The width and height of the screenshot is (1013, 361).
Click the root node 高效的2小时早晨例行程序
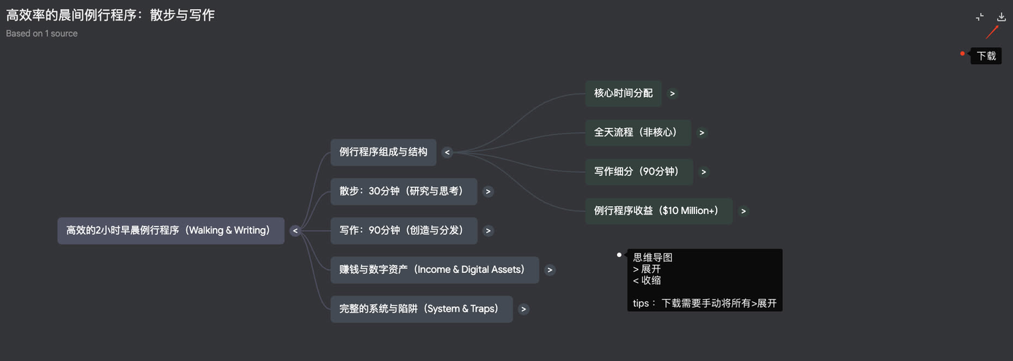170,231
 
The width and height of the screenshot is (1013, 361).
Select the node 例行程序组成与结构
383,152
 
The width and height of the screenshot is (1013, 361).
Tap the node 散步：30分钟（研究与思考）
404,191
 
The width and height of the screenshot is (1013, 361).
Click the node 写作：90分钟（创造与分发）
404,231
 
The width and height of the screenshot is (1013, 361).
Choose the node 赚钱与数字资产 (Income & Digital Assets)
434,270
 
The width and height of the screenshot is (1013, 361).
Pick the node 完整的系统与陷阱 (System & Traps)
421,309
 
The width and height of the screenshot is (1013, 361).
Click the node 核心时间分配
623,94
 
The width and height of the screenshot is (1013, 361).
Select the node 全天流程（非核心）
638,132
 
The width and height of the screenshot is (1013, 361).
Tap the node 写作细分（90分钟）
639,172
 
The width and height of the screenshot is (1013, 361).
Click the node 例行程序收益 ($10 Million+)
658,211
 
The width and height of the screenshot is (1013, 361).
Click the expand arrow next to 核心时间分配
673,94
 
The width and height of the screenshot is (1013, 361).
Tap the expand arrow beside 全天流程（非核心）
702,132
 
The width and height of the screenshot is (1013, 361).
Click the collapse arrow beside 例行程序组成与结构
447,152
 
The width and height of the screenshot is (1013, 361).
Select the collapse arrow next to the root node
295,231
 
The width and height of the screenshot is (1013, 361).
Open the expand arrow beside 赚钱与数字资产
550,270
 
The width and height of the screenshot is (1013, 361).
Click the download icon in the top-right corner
1002,17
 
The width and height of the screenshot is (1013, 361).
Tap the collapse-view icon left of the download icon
980,17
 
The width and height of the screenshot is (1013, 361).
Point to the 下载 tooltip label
986,56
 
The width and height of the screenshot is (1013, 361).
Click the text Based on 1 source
42,34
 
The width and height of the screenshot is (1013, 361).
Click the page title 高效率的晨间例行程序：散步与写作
110,15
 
